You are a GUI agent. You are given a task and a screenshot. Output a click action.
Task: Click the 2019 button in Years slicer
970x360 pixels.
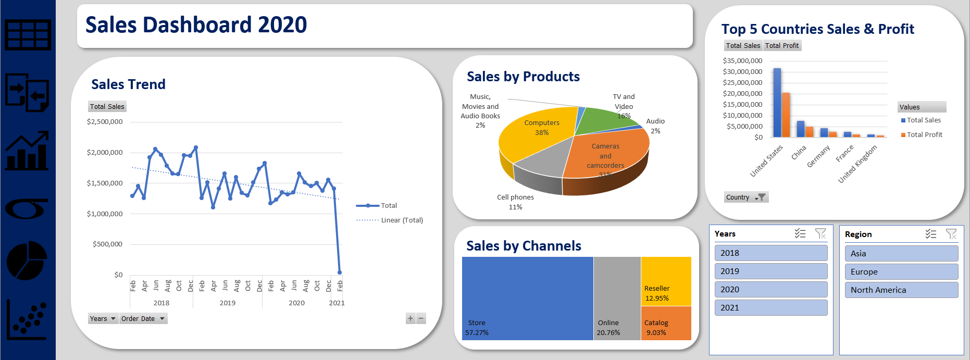pos(770,271)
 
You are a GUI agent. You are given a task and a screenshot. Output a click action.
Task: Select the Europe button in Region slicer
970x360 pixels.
pos(901,271)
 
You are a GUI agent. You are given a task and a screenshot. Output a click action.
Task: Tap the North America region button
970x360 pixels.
pos(901,290)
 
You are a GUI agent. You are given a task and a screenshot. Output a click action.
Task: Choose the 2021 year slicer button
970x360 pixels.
pos(770,307)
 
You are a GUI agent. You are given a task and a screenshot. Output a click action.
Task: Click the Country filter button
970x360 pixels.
pos(746,197)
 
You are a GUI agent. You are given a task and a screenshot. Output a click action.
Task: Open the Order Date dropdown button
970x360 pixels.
pos(143,318)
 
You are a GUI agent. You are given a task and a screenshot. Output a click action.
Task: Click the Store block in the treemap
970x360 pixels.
pos(527,298)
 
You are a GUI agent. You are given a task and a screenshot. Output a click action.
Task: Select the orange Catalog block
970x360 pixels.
pos(666,323)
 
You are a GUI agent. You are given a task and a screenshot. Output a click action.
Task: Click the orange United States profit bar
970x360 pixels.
pos(786,115)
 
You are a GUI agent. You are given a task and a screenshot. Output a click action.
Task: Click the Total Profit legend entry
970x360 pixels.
pos(924,134)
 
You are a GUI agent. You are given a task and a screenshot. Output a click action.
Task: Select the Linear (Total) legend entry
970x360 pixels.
pos(401,220)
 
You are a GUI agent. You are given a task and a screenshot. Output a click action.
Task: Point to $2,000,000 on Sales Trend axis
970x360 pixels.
pos(105,152)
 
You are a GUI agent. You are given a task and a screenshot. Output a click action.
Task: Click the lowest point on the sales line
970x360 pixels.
pos(340,272)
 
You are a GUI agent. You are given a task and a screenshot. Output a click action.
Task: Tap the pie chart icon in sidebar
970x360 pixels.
pos(27,260)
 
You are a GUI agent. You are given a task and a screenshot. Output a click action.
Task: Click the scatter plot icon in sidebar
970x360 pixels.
pos(27,320)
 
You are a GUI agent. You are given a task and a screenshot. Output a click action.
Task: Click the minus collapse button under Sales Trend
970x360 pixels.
pos(421,318)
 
